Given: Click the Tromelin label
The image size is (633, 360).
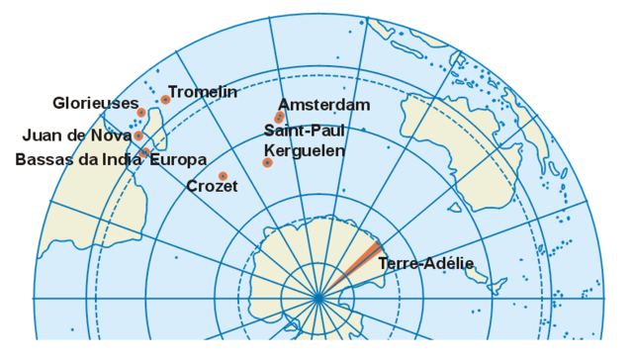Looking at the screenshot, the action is [203, 92].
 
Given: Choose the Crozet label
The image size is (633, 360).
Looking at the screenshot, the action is [212, 186].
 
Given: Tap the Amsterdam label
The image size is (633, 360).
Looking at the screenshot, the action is [323, 104].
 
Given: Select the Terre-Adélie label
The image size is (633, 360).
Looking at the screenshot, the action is [425, 263].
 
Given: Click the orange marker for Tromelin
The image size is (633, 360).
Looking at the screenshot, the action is [166, 99].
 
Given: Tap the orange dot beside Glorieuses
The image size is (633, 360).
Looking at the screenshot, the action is [141, 112].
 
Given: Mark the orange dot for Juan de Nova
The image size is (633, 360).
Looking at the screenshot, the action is [138, 135].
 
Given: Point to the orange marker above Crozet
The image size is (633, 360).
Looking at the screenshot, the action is [222, 175].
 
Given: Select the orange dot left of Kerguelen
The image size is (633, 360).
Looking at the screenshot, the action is [267, 162].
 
